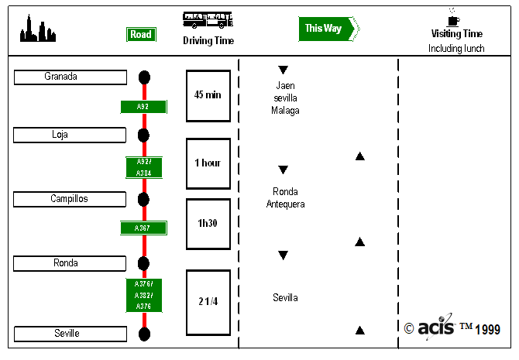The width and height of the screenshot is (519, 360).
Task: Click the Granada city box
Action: (x=70, y=77)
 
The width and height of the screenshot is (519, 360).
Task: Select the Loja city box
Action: (x=70, y=135)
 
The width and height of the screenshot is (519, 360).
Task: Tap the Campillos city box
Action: (x=70, y=199)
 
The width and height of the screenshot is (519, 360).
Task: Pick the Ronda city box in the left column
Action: (x=70, y=263)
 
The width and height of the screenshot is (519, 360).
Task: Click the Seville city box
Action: (x=70, y=334)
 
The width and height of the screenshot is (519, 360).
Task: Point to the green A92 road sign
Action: (x=143, y=107)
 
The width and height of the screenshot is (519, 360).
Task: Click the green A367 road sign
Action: (x=143, y=228)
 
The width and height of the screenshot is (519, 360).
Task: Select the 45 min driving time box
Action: (x=208, y=95)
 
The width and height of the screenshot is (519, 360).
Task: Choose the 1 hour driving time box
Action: (x=208, y=163)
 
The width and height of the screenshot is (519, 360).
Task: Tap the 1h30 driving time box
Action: (x=208, y=223)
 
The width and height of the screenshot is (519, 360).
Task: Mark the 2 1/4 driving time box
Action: (x=208, y=302)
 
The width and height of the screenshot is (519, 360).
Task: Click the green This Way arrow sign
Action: (x=326, y=29)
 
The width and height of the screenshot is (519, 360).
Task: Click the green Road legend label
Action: (x=141, y=34)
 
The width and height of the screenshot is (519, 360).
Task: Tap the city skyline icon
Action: (x=37, y=29)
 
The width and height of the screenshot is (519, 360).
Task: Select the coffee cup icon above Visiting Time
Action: (x=453, y=17)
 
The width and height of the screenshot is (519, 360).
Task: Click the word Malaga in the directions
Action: (x=284, y=111)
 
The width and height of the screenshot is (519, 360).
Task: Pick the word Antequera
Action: (x=285, y=204)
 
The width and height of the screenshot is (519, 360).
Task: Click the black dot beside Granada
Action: (x=144, y=77)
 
